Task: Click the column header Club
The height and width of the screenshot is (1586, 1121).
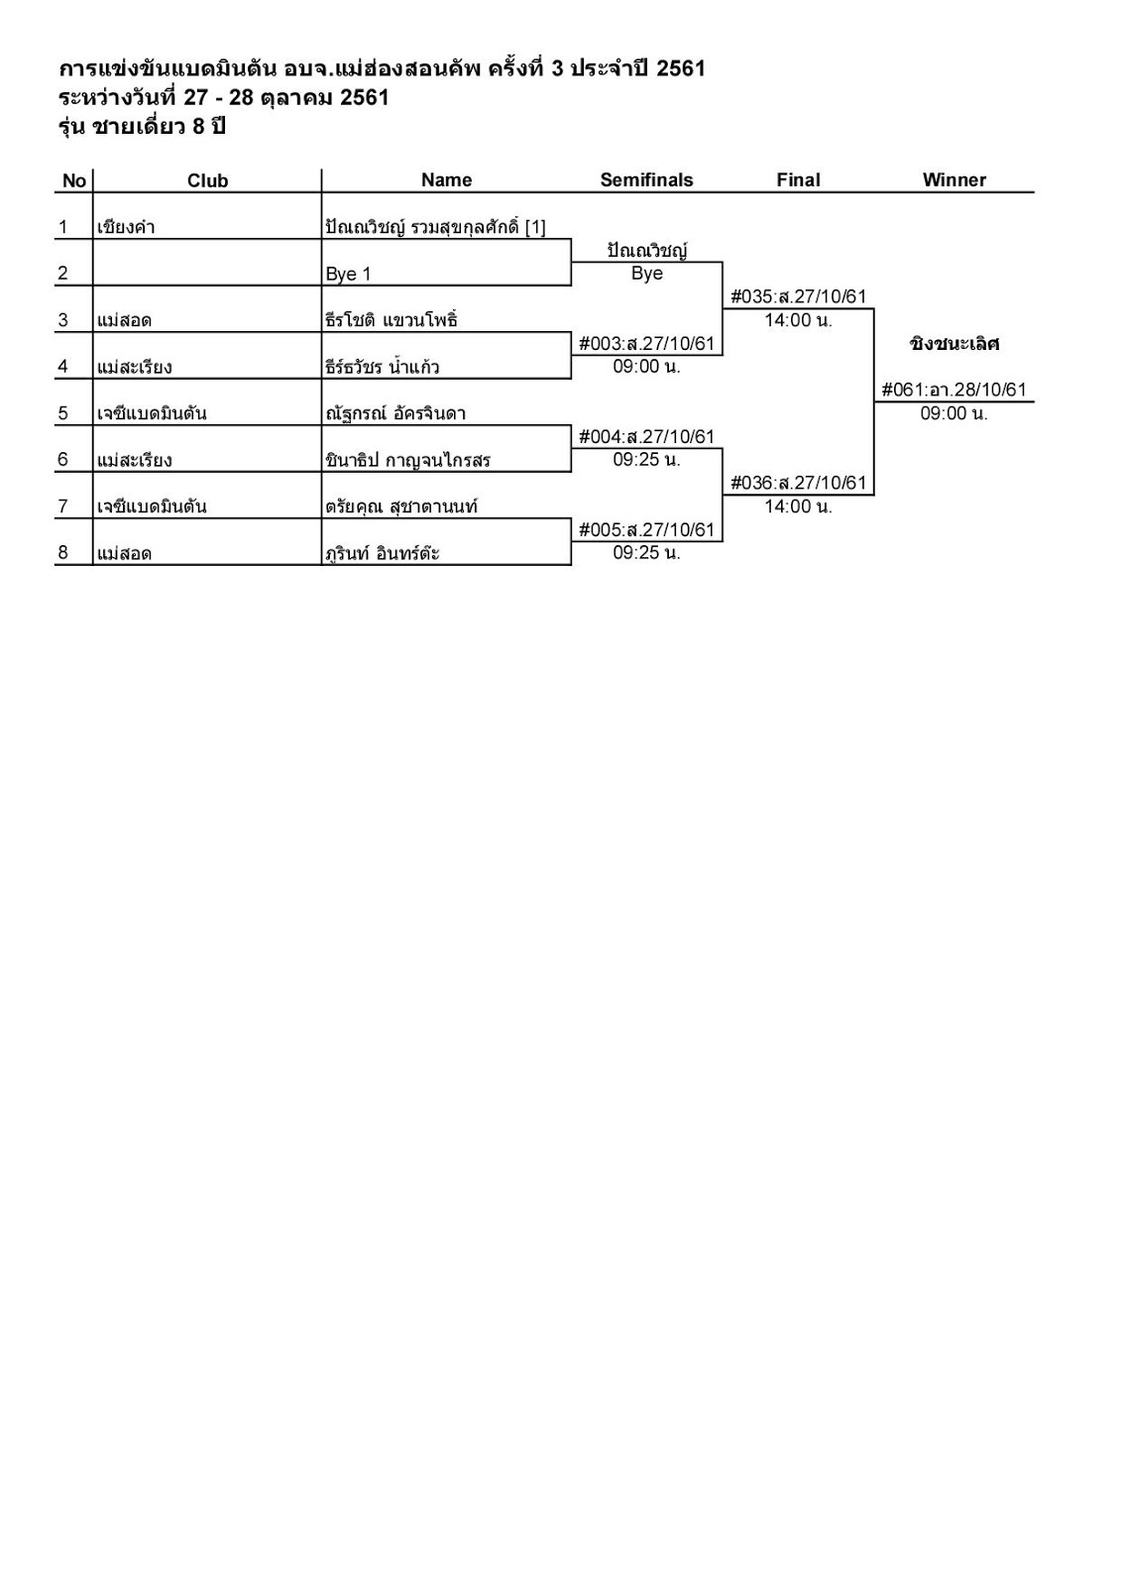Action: pos(207,180)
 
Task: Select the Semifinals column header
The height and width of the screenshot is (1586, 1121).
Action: pos(646,179)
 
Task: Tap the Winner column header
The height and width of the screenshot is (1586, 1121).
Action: pos(953,179)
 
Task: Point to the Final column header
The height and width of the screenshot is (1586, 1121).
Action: pos(798,179)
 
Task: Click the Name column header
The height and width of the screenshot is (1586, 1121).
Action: pos(446,179)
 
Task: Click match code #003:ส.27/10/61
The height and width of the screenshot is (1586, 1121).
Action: pos(646,344)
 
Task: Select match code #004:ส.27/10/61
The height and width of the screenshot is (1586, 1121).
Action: pos(646,437)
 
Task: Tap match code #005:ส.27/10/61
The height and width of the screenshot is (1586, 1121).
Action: pos(646,530)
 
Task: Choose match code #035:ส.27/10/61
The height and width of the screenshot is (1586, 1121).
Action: pos(798,296)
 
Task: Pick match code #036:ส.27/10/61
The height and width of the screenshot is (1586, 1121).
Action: pos(798,484)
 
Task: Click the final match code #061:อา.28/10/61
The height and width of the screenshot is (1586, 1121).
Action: pos(953,390)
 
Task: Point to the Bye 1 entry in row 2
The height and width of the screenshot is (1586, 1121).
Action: pos(348,275)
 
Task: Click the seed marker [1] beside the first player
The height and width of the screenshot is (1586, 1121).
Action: pos(535,227)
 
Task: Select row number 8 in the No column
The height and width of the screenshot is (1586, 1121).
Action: pos(63,553)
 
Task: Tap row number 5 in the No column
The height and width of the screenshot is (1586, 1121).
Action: pos(63,413)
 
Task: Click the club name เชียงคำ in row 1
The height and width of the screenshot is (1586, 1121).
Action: pos(126,227)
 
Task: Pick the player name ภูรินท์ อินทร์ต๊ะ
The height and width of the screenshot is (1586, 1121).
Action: pos(383,553)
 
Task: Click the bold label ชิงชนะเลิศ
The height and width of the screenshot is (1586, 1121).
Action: pos(953,344)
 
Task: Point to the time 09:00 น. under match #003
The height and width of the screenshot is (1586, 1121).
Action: pos(646,366)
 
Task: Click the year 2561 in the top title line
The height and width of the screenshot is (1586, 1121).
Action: pos(680,68)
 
